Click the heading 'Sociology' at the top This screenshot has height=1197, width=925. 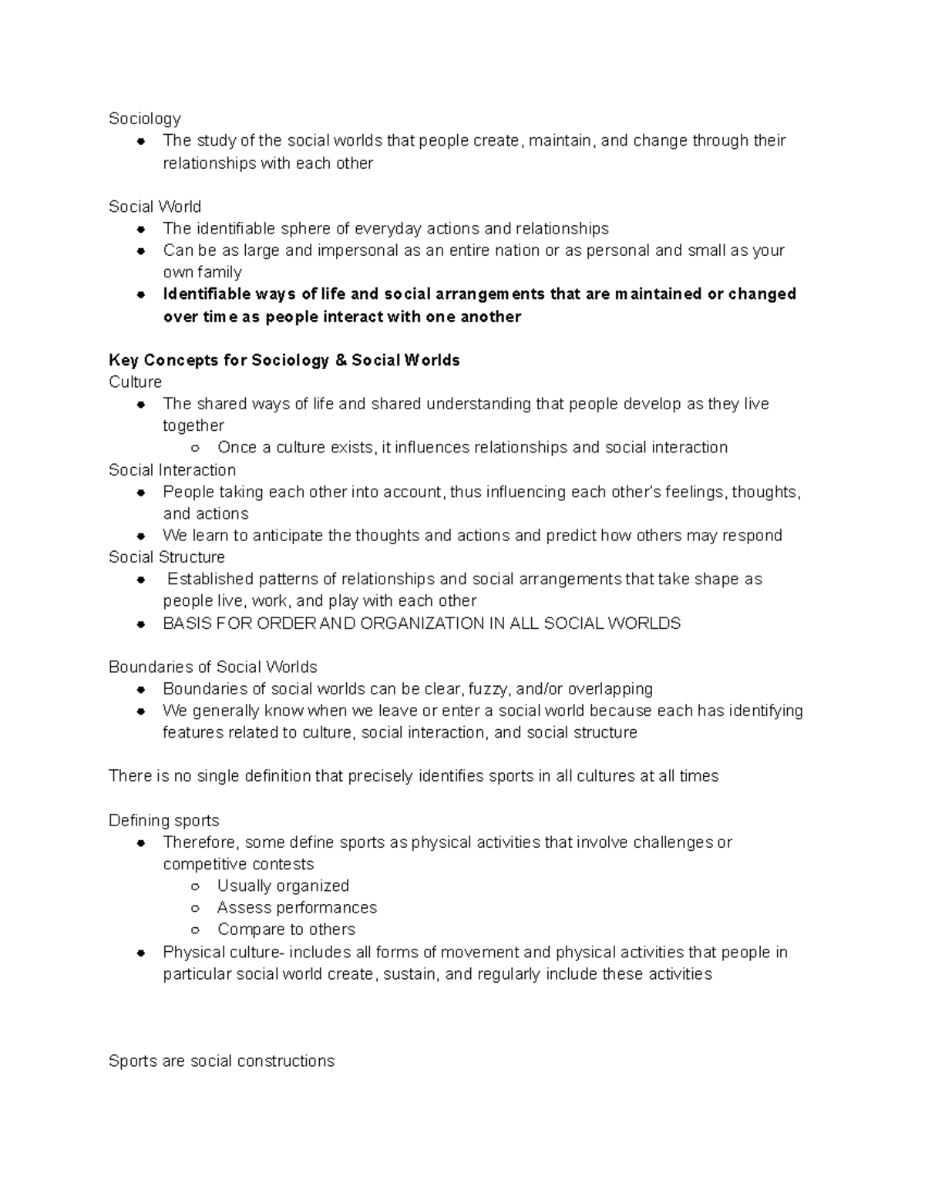click(145, 119)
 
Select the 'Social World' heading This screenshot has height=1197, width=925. click(155, 207)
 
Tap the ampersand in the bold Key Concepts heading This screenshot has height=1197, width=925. click(341, 360)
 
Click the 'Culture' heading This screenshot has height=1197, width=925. click(135, 382)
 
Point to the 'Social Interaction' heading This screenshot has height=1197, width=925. click(172, 470)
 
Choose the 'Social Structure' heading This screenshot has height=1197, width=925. click(166, 557)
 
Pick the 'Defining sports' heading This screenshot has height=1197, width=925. click(164, 821)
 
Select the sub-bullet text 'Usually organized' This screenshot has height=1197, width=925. click(283, 886)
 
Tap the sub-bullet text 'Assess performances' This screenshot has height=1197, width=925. click(297, 907)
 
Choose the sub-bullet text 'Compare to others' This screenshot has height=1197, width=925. click(286, 930)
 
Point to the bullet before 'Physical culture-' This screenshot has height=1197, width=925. click(140, 953)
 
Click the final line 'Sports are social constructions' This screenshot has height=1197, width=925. click(221, 1061)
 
